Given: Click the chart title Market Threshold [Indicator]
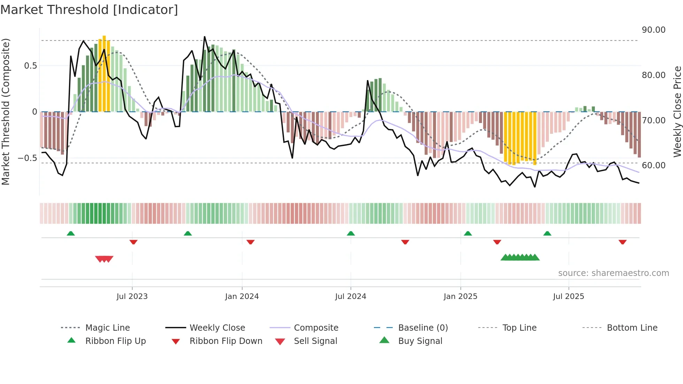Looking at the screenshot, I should (x=89, y=10).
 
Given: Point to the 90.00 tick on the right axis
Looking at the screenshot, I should (x=653, y=30).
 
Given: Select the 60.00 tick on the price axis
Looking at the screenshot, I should (x=653, y=166).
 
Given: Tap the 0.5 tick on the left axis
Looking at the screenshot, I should (x=30, y=66).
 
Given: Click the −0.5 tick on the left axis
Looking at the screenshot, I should (x=27, y=158).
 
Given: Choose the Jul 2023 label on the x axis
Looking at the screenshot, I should (x=132, y=297).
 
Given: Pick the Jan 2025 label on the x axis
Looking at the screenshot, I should (x=460, y=297).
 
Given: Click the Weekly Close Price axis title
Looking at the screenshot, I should (x=677, y=112).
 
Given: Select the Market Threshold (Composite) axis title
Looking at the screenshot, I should (x=6, y=112).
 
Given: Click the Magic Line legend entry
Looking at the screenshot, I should (x=107, y=328).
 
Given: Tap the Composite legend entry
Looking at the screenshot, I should (x=316, y=328).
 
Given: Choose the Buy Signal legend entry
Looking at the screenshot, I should (x=420, y=341).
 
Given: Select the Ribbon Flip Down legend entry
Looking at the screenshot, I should (x=225, y=341).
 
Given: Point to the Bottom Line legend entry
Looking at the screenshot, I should (x=632, y=328).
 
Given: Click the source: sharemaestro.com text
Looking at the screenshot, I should (x=613, y=273).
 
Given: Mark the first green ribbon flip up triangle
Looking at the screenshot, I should (x=71, y=233).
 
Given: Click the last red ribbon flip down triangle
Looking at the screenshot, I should (x=622, y=242).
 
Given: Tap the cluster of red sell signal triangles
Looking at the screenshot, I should (x=104, y=259).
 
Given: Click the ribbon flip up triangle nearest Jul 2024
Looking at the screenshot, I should (x=351, y=233).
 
